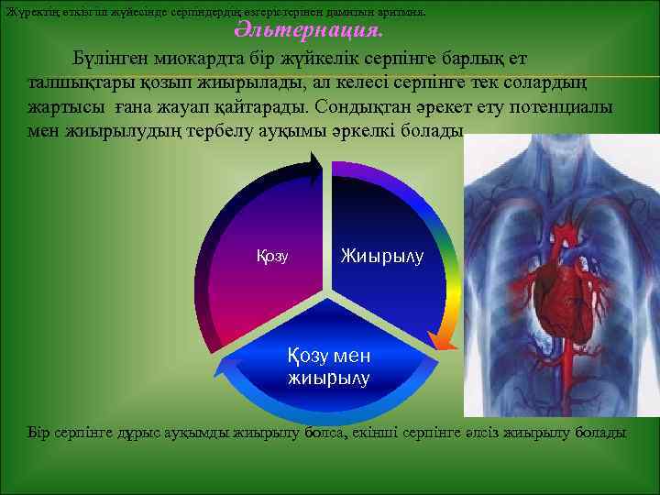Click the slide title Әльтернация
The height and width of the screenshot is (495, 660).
(308, 32)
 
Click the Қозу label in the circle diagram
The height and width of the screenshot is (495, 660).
(272, 257)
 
